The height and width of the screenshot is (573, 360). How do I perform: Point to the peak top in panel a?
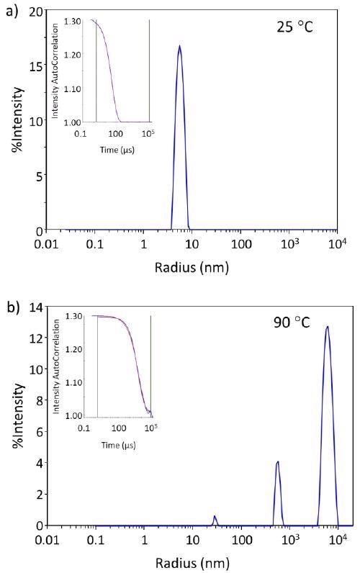179,48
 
